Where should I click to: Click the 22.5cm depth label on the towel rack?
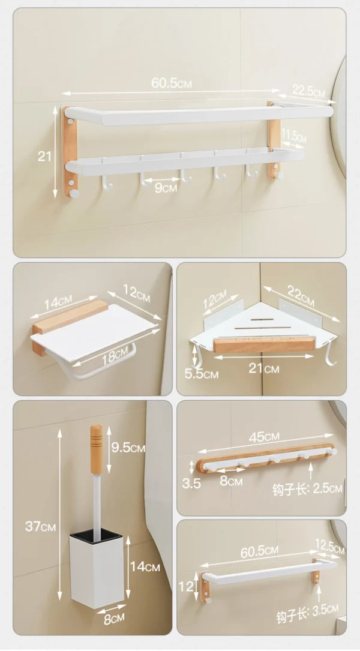[308, 91]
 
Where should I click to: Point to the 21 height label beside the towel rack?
[44, 157]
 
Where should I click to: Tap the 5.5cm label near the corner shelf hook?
[202, 374]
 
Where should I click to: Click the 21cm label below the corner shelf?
[265, 368]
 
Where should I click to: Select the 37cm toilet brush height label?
[40, 526]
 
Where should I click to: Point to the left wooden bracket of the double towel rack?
[70, 153]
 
